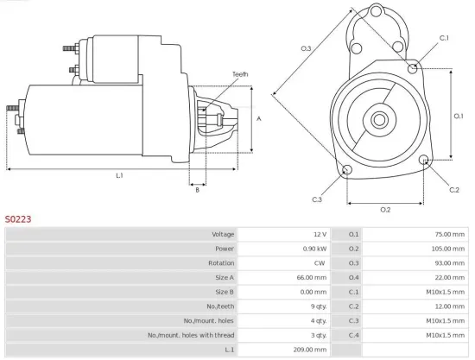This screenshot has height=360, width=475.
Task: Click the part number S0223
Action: click(x=18, y=219)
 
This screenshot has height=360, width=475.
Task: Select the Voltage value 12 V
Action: click(x=319, y=235)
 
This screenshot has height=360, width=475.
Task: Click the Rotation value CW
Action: click(x=320, y=263)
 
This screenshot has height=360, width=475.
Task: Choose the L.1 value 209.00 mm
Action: click(x=310, y=349)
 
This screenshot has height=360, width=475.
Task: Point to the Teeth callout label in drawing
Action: click(x=240, y=74)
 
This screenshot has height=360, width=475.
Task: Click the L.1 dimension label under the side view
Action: click(x=119, y=176)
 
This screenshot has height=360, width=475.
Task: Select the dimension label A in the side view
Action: click(x=260, y=119)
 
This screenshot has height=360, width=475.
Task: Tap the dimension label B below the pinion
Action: click(x=197, y=190)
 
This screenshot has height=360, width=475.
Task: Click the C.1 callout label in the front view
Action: click(x=444, y=38)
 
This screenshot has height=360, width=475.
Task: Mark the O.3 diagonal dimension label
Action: click(x=306, y=48)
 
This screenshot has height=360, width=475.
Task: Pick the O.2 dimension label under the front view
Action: click(x=385, y=210)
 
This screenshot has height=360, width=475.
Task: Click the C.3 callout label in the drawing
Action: click(x=317, y=199)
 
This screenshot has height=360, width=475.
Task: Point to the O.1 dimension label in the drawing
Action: click(x=459, y=115)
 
